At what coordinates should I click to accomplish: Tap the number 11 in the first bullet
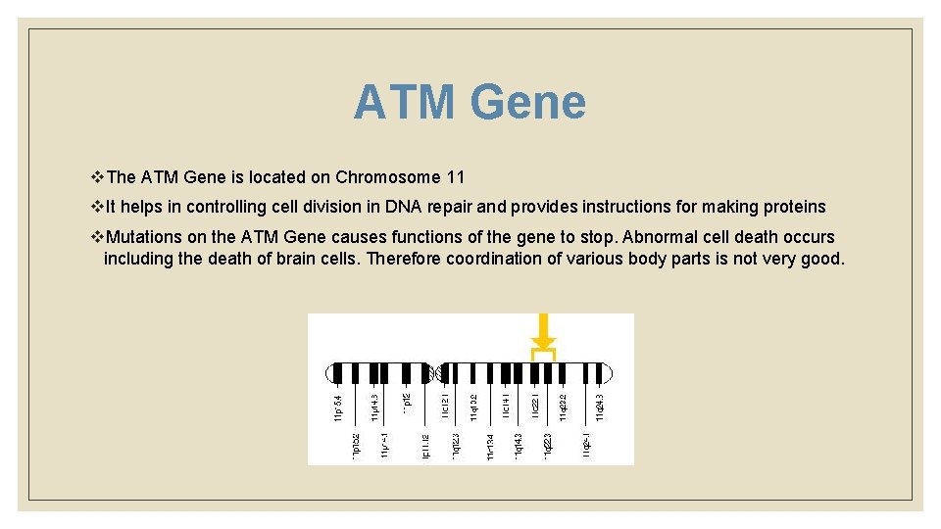click(x=455, y=177)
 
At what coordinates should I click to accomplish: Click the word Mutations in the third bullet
click(x=144, y=237)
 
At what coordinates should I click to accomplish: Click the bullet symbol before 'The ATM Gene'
click(x=96, y=177)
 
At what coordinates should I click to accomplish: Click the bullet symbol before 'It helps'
click(x=96, y=207)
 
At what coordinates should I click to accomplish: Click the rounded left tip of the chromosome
click(x=330, y=373)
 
